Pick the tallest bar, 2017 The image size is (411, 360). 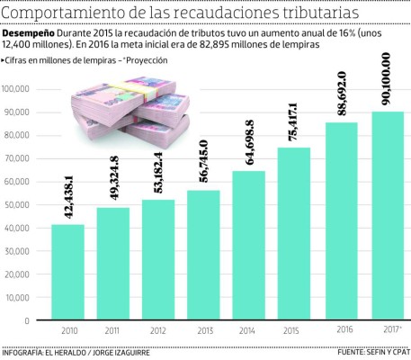point(388,215)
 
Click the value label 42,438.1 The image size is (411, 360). point(67,193)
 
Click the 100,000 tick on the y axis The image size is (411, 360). point(17,89)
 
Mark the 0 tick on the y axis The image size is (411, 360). point(29,320)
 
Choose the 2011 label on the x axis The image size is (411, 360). point(112,332)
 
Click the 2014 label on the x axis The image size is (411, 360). point(249,332)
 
